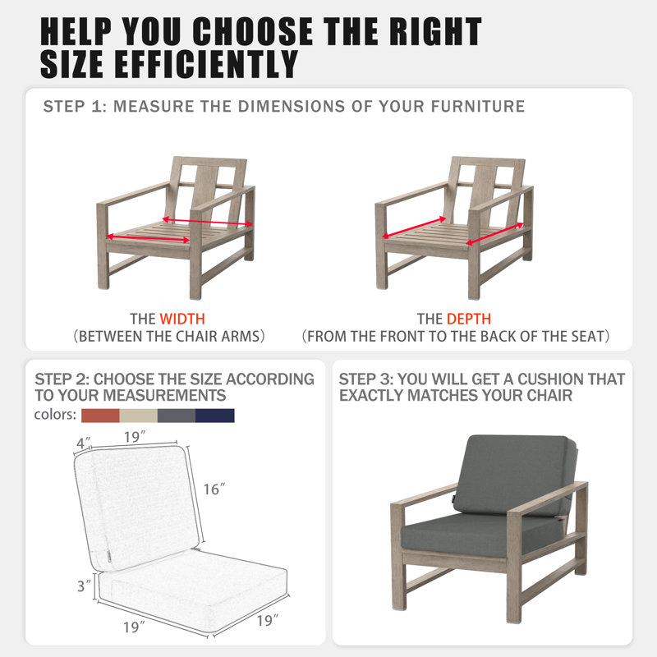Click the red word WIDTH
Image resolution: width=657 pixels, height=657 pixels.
tap(182, 319)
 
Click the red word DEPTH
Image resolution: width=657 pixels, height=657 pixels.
tap(468, 319)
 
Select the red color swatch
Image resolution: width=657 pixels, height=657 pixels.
tap(100, 416)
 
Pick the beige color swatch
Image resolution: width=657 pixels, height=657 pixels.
tap(138, 416)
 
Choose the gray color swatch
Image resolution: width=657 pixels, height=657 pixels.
tap(177, 416)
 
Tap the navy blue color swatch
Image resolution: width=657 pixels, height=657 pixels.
tap(215, 416)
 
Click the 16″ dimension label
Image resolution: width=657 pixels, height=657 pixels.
tap(214, 489)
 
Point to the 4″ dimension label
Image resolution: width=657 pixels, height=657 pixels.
tap(83, 443)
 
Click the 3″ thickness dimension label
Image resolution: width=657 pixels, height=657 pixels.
tap(84, 586)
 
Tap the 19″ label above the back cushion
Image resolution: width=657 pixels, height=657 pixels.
tap(135, 437)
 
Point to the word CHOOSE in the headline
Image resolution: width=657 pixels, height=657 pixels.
tap(252, 31)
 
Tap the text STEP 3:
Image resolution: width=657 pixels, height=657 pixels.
tap(366, 379)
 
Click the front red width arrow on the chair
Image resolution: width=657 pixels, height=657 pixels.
tap(149, 238)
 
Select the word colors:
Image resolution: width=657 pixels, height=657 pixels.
tap(55, 415)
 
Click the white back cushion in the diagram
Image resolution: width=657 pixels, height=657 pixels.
tap(136, 507)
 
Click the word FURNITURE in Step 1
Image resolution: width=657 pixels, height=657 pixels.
tap(478, 107)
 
